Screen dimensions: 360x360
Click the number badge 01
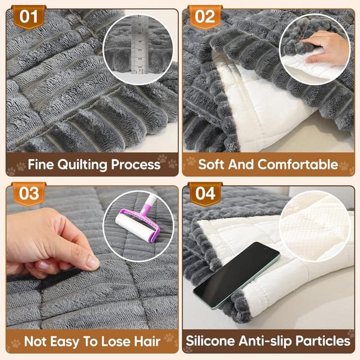coord(29,17)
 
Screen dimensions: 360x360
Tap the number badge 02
coord(205,17)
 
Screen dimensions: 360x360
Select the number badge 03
coord(29,193)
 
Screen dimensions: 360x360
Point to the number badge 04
coord(205,193)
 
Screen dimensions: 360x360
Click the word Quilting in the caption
coord(82,165)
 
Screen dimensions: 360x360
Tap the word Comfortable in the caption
coord(298,165)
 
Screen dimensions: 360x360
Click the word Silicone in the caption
coord(210,341)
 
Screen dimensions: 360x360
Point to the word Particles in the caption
coord(323,341)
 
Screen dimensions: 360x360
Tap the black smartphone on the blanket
coord(236,276)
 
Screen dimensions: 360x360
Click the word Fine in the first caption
coord(41,164)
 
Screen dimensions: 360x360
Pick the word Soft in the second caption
coord(211,164)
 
